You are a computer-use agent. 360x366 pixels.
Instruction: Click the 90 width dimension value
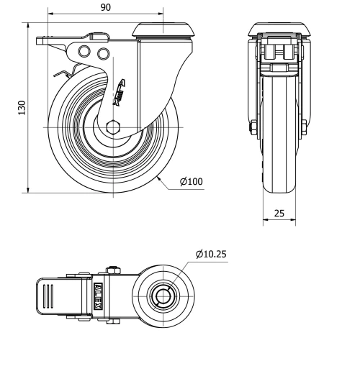coord(105,7)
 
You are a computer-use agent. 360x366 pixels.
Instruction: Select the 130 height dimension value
coord(22,107)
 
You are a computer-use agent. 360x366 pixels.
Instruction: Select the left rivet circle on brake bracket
coord(86,52)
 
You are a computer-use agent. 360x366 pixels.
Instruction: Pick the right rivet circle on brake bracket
coord(102,53)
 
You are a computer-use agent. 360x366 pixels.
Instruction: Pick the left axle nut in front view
coord(253,129)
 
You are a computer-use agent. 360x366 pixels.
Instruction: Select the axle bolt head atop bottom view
coord(112,271)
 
